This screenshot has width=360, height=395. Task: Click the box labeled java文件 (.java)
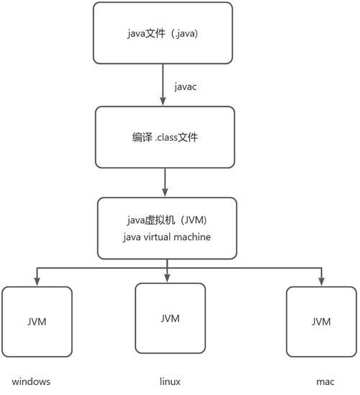coord(163,32)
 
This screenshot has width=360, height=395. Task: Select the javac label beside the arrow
coord(186,86)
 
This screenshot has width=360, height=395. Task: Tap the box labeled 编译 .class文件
coord(166,137)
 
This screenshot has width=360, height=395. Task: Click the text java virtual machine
coord(166,236)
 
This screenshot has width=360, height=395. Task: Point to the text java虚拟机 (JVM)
coord(166,220)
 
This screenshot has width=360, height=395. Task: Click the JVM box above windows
coord(37,321)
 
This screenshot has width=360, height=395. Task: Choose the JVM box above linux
coord(170,318)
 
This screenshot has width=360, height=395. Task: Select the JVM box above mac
coord(320,321)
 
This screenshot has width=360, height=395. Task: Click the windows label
coord(32,381)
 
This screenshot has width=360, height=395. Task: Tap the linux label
coord(170,381)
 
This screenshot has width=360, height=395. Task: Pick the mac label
coord(324,381)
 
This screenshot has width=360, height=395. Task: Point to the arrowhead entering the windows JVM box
coord(37,281)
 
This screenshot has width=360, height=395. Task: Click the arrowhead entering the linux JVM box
coord(167,278)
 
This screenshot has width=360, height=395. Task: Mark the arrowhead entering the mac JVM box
coord(320,281)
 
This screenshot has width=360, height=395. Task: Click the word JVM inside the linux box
coord(170,318)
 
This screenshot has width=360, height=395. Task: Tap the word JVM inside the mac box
coord(321,321)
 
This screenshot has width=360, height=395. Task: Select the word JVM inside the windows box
coord(37,321)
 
